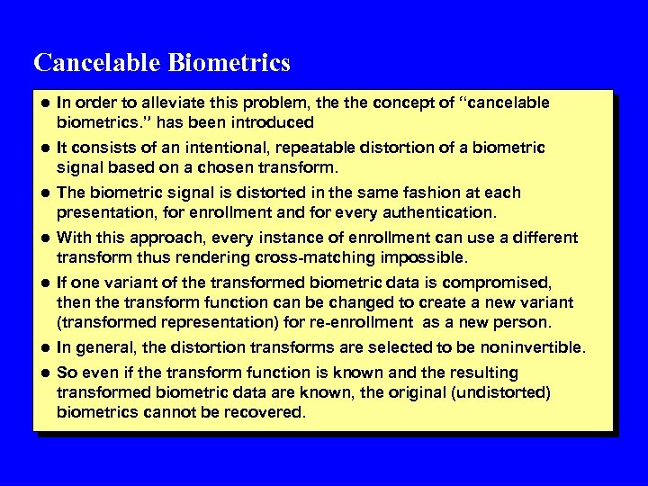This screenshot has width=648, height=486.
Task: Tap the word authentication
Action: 443,212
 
